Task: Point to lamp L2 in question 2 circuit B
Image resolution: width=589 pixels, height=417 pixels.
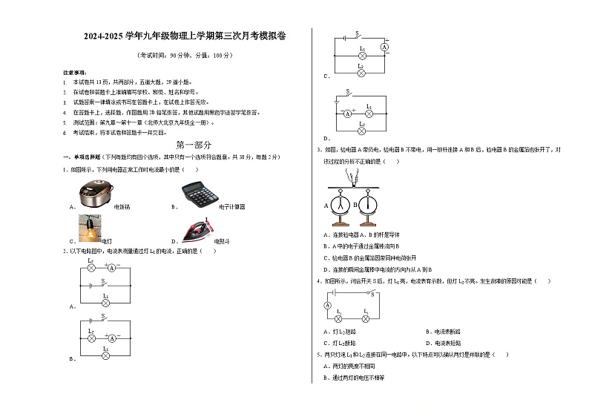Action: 91,336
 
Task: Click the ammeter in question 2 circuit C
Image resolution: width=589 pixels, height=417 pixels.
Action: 384,46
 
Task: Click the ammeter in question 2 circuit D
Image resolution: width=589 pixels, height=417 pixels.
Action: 346,114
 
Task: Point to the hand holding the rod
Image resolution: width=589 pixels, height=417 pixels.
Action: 355,175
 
